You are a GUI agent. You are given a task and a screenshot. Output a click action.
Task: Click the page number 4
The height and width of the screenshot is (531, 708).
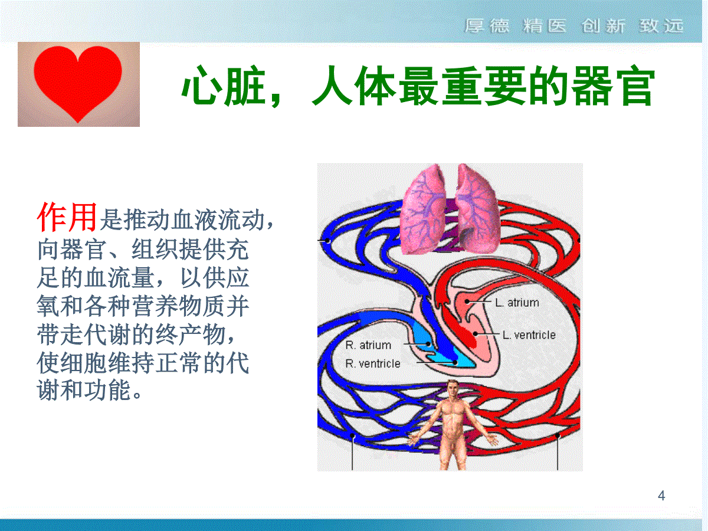(x=661, y=496)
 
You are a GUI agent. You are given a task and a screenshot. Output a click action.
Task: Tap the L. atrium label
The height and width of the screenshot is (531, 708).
(x=517, y=303)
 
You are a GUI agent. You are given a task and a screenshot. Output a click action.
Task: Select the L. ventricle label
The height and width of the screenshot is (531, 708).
(x=529, y=335)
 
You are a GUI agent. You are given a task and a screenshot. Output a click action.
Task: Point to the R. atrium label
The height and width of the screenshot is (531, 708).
(x=368, y=345)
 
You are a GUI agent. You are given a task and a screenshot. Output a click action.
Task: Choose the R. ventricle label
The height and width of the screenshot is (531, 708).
(x=372, y=363)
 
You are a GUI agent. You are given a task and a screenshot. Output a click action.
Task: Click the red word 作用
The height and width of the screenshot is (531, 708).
(x=67, y=217)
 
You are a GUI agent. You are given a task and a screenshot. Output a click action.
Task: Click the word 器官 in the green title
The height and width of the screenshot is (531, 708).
(x=613, y=86)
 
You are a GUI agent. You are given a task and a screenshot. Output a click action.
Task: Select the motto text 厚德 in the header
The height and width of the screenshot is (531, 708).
(x=487, y=26)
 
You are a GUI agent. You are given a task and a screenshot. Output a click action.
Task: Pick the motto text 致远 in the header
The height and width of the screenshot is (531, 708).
(x=661, y=26)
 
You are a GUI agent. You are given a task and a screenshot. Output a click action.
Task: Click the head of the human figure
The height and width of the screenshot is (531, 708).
(x=453, y=388)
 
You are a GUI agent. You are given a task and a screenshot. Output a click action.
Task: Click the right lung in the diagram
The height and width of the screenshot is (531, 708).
(x=477, y=209)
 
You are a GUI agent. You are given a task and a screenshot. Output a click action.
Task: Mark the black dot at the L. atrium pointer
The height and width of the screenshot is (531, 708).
(x=467, y=301)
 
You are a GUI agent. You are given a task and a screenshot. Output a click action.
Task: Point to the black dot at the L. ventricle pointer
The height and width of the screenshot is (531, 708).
(x=476, y=334)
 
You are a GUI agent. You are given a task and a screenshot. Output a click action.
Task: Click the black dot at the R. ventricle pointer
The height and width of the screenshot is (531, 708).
(x=455, y=362)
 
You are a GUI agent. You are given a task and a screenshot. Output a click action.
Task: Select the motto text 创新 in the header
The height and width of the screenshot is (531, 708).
(x=604, y=26)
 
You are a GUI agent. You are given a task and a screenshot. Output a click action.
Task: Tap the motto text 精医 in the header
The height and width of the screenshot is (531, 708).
(x=545, y=26)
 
